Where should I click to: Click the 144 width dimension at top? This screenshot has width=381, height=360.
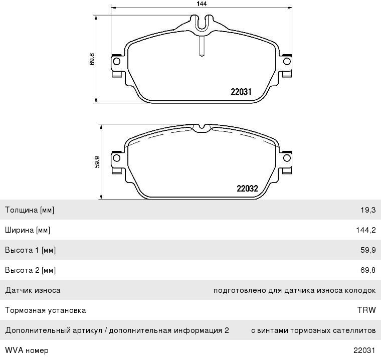pyautogui.click(x=202, y=4)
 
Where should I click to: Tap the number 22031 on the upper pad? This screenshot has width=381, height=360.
pyautogui.click(x=241, y=92)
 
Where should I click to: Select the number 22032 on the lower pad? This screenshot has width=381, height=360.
pyautogui.click(x=247, y=189)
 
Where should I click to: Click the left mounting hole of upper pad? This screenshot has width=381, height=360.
pyautogui.click(x=116, y=62)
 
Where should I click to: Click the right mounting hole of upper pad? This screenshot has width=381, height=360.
pyautogui.click(x=287, y=62)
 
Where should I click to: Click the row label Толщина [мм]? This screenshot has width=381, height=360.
pyautogui.click(x=30, y=210)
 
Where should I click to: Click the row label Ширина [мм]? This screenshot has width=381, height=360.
pyautogui.click(x=28, y=230)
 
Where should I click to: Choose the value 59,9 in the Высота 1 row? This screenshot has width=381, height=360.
pyautogui.click(x=368, y=250)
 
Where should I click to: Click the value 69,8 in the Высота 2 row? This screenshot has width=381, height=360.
pyautogui.click(x=368, y=270)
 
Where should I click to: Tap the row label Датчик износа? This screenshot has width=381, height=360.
pyautogui.click(x=33, y=290)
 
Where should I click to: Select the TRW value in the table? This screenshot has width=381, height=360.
pyautogui.click(x=366, y=310)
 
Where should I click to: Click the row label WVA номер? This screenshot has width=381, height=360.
pyautogui.click(x=27, y=350)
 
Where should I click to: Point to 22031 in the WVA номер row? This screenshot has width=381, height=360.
pyautogui.click(x=364, y=350)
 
